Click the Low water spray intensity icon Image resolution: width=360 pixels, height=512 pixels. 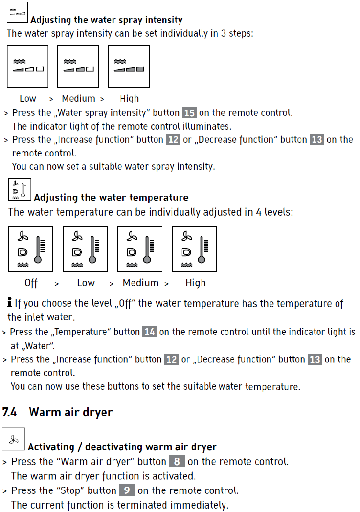click(x=27, y=67)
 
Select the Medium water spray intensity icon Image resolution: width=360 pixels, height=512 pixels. click(x=78, y=67)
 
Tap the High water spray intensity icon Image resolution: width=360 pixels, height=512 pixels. click(x=129, y=67)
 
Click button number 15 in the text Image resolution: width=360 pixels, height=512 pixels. click(x=189, y=113)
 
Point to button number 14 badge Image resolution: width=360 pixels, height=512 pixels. click(x=149, y=332)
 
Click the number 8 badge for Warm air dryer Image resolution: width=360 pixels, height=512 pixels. click(x=177, y=462)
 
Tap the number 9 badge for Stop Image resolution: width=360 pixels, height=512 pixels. click(x=126, y=490)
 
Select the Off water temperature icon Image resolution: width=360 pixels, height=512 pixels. click(x=31, y=249)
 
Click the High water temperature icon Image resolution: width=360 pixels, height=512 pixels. click(x=194, y=249)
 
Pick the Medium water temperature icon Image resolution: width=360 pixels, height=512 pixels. click(x=140, y=249)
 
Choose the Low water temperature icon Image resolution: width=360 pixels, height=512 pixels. click(x=85, y=249)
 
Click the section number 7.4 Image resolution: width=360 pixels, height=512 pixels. click(x=10, y=412)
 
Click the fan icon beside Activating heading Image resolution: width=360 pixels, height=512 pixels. click(x=13, y=439)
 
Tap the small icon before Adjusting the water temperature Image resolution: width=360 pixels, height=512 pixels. click(x=20, y=190)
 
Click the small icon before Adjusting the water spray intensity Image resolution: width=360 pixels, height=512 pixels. click(x=18, y=13)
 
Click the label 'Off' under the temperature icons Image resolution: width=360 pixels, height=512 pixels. click(x=31, y=283)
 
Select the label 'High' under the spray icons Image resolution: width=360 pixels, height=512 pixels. click(x=129, y=99)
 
